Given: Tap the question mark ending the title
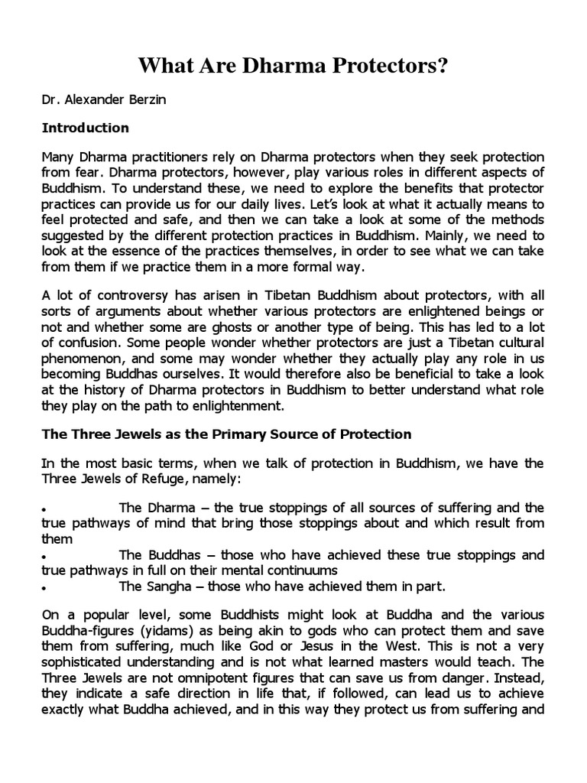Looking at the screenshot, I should pos(443,67).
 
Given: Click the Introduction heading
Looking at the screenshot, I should pos(85,128).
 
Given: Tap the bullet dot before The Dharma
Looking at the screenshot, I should pos(46,510).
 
